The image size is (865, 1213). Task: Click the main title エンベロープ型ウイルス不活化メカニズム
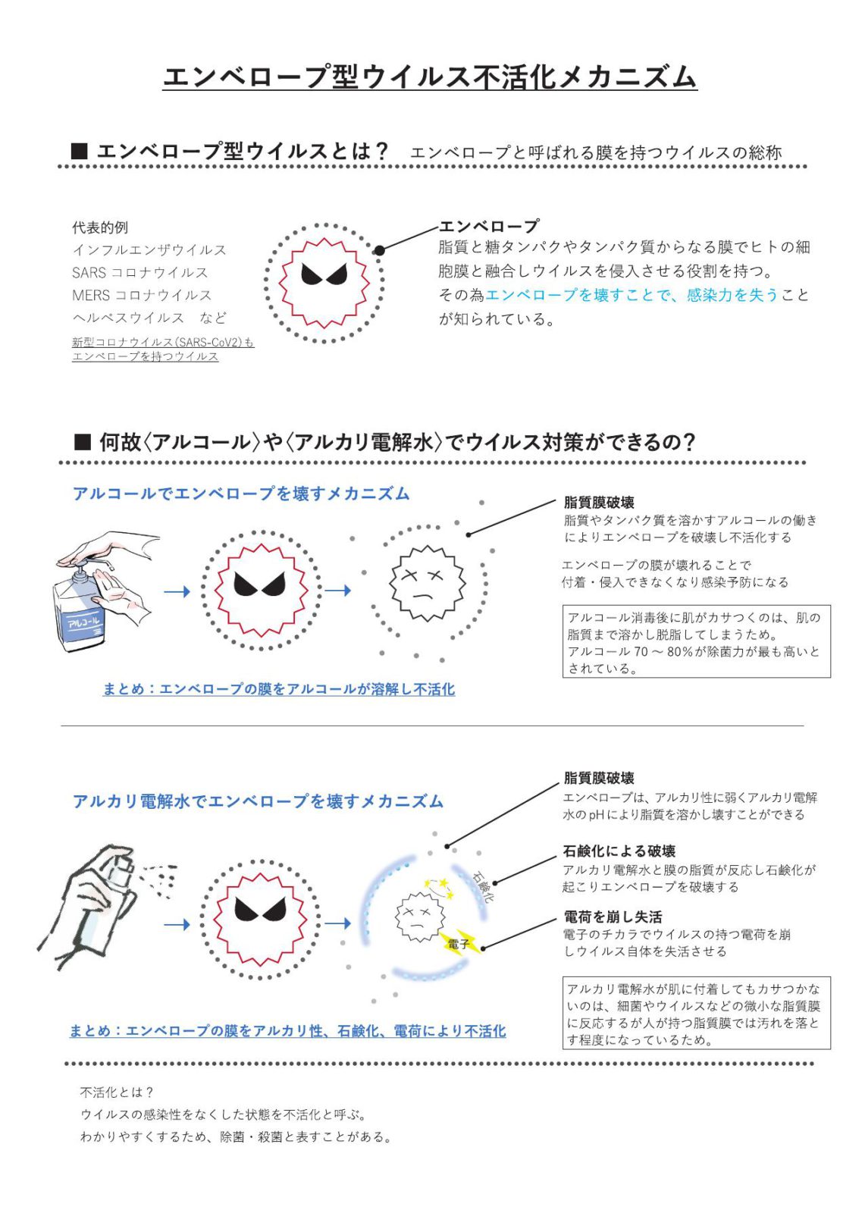[x=429, y=77]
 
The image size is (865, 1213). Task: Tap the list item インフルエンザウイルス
[x=149, y=250]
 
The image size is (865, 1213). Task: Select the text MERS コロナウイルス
[x=142, y=295]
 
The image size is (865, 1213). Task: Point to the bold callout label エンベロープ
[x=489, y=226]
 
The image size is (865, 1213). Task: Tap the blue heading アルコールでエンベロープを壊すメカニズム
[x=241, y=494]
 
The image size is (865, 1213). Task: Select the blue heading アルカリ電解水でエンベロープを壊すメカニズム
[x=258, y=801]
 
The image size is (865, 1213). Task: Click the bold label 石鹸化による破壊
[x=619, y=851]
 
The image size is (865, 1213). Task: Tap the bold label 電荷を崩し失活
[x=613, y=917]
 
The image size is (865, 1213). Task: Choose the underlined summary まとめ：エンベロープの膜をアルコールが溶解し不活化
[x=279, y=689]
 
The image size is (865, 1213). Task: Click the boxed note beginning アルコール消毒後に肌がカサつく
[x=696, y=641]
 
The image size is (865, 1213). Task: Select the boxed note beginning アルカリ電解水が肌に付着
[x=696, y=1013]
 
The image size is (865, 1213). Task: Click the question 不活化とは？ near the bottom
[x=118, y=1092]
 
